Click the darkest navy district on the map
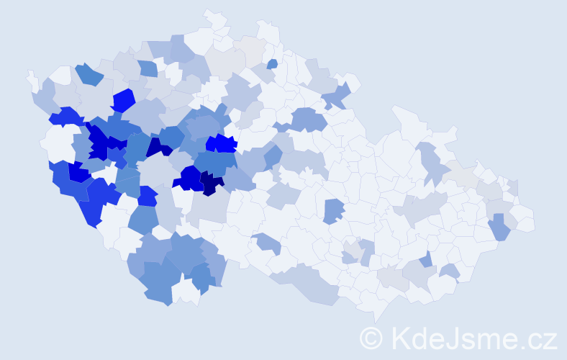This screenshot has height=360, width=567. [212, 183]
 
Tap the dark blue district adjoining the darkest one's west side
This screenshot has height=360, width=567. [191, 177]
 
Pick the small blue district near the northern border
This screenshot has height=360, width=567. [272, 64]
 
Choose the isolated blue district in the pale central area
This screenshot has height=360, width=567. [332, 211]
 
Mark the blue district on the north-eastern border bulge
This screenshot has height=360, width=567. [337, 96]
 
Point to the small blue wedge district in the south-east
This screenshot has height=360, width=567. [427, 259]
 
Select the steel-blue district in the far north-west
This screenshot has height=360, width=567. [89, 73]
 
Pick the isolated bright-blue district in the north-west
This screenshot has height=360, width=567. [123, 100]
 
